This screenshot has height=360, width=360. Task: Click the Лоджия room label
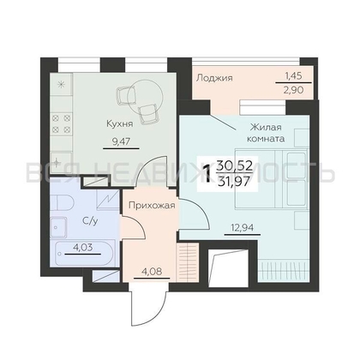[x=214, y=78]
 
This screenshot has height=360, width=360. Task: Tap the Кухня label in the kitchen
[x=120, y=124]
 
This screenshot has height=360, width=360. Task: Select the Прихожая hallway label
[x=152, y=205]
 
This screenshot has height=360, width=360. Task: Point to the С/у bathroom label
[x=90, y=220]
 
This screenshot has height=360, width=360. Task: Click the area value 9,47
[x=121, y=141]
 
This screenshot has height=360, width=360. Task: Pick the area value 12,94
[x=243, y=228]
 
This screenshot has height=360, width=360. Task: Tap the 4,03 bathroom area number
[x=82, y=247]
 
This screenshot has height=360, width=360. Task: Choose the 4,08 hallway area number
[x=152, y=271]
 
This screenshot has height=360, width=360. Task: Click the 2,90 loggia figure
[x=293, y=90]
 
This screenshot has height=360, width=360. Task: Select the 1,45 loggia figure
[x=293, y=75]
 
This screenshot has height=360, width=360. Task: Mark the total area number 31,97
[x=235, y=181]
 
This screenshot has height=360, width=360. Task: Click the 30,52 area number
[x=235, y=165]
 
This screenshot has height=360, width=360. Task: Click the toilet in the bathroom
[x=63, y=203]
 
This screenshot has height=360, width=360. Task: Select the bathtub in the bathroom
[x=84, y=254]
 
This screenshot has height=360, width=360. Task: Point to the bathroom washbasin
[x=58, y=227]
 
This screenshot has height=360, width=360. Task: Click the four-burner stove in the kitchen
[x=60, y=123]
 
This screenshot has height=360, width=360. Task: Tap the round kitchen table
[x=145, y=96]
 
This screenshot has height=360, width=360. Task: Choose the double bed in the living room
[x=272, y=178]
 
